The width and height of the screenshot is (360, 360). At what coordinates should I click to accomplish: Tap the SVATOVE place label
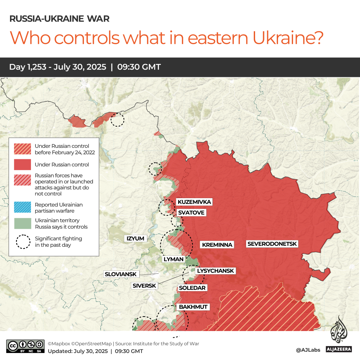191,212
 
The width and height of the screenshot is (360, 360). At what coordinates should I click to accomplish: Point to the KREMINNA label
217,245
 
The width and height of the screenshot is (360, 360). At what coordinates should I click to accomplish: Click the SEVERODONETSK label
272,244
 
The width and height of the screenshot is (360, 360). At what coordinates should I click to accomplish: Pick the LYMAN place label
174,259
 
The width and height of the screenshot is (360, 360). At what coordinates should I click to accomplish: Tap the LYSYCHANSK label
215,271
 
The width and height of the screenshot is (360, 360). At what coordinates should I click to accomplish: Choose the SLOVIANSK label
121,274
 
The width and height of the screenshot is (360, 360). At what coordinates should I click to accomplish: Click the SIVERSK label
144,285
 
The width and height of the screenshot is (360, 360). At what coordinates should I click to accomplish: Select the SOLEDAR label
192,288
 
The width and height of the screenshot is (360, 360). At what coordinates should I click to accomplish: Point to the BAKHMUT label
193,307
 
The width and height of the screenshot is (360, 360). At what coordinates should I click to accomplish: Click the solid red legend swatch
22,165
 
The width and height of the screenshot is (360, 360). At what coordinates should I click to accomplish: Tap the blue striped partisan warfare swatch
22,207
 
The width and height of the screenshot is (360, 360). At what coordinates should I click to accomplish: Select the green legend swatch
22,223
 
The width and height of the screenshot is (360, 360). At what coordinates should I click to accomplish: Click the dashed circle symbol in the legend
22,242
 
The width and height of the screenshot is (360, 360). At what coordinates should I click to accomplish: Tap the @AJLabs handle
308,350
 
